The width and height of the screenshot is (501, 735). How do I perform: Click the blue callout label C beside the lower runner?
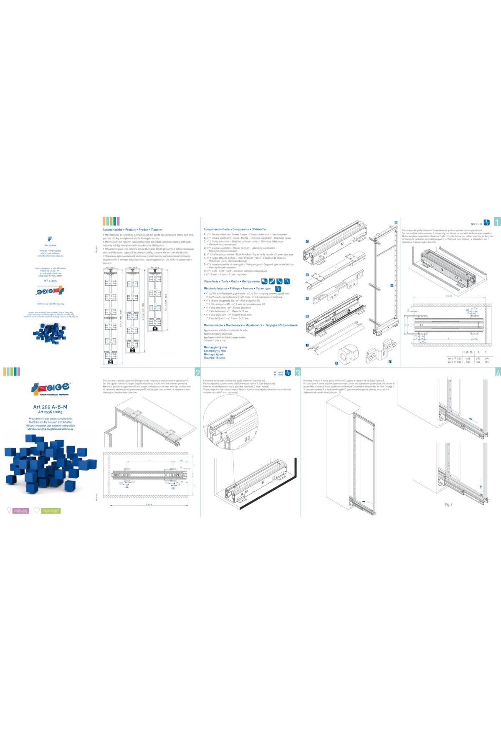tap(307, 241)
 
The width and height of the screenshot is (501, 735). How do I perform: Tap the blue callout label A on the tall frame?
tap(392, 286)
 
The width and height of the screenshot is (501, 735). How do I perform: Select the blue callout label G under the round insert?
tap(337, 363)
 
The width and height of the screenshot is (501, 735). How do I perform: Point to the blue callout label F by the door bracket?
tap(390, 362)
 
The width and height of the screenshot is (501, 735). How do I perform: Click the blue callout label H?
tap(307, 317)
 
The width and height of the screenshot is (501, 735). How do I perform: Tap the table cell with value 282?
tap(478, 358)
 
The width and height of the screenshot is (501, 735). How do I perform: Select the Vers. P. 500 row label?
tap(454, 362)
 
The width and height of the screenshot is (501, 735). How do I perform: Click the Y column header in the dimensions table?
tap(486, 352)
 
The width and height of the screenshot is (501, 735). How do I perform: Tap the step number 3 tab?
tap(298, 373)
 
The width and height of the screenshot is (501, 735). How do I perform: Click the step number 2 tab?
tap(197, 373)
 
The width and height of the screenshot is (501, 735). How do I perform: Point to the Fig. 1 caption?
tap(448, 504)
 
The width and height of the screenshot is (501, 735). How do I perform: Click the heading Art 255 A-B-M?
tap(50, 407)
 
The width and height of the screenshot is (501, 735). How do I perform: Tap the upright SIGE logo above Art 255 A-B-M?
tap(50, 388)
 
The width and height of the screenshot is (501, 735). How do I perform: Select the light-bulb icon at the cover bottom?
tap(9, 510)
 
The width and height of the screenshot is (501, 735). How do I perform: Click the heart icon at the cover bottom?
tap(37, 510)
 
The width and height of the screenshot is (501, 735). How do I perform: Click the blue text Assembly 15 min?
tap(215, 351)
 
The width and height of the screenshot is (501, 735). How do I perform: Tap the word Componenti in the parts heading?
tap(212, 229)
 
